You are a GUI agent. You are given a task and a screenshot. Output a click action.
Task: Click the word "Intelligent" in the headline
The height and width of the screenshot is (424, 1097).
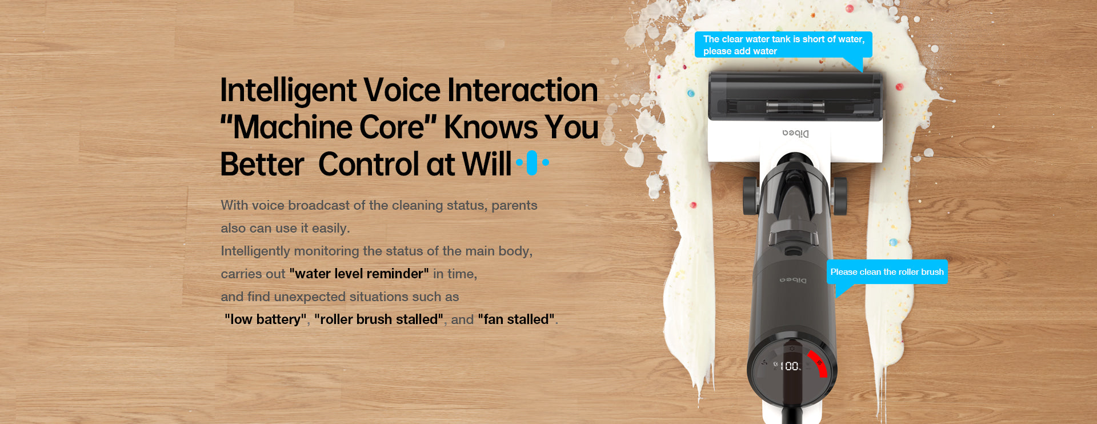(289, 91)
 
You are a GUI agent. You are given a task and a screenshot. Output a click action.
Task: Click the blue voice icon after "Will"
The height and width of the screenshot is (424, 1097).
(533, 163)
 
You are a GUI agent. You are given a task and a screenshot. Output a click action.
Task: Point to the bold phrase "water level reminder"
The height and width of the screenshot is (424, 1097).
(359, 274)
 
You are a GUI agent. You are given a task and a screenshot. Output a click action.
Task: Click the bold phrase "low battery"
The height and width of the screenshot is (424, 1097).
(265, 319)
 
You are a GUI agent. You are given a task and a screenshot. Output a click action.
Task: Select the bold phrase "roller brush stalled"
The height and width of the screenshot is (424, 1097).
(379, 319)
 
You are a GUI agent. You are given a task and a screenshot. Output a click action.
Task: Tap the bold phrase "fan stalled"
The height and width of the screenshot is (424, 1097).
(516, 319)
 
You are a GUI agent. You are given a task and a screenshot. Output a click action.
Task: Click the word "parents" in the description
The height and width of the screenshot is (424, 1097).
(514, 206)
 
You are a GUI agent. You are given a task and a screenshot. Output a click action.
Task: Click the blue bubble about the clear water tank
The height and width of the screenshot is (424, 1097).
(783, 45)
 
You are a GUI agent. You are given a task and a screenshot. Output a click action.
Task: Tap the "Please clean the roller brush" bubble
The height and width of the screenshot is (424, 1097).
(887, 272)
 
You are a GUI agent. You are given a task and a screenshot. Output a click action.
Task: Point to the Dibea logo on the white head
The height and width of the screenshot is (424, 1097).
(795, 133)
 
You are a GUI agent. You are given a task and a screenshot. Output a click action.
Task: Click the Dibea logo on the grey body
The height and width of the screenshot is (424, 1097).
(794, 280)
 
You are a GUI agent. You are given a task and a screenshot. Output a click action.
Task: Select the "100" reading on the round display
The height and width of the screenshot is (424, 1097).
(790, 366)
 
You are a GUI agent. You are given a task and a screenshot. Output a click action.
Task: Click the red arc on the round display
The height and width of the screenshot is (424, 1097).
(819, 362)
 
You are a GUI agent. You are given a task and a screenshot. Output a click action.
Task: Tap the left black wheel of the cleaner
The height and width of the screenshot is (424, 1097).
(750, 196)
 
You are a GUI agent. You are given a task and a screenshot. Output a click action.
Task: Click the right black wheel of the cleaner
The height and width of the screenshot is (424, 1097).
(839, 196)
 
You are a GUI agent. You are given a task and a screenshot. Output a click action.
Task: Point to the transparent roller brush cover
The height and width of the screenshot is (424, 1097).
(795, 96)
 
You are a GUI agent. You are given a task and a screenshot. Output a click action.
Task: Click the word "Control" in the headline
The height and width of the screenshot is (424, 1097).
(370, 165)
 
